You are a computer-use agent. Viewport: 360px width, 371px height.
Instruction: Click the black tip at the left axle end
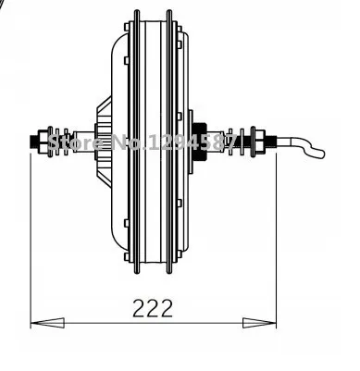coord(36,142)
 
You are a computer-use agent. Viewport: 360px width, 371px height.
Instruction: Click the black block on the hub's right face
coord(198,142)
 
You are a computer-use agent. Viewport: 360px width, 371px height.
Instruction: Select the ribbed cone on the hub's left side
coord(102,142)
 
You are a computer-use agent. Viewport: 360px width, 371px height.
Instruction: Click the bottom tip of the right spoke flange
coord(172,272)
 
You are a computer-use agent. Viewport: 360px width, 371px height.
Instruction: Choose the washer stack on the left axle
coord(56,142)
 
